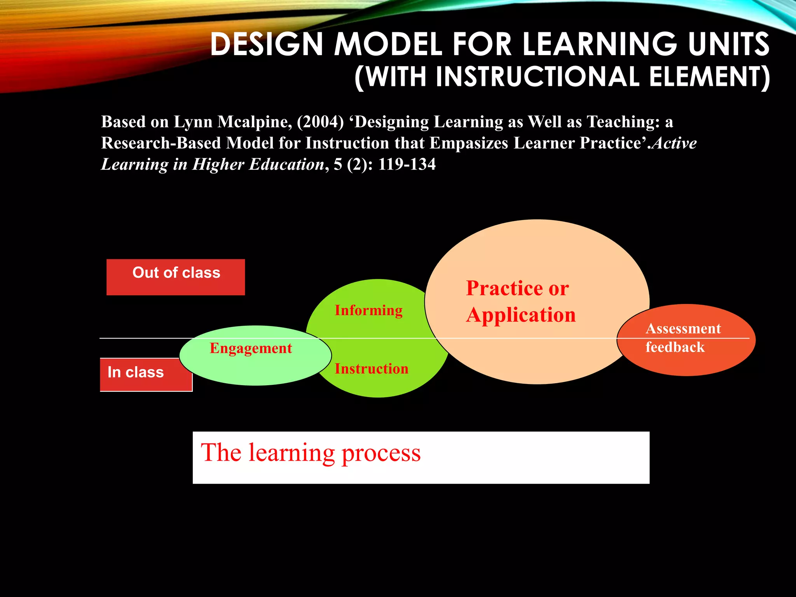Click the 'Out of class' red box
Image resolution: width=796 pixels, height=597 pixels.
176,277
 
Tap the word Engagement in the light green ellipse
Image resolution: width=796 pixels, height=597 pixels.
251,348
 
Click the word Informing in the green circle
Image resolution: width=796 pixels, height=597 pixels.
368,311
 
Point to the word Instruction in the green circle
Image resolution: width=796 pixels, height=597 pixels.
372,368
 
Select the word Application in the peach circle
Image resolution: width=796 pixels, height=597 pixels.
521,315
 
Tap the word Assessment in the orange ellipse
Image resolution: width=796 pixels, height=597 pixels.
683,329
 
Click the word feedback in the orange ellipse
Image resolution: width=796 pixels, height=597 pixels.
675,347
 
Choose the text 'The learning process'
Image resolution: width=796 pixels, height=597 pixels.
311,453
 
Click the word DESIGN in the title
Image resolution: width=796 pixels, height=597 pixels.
267,44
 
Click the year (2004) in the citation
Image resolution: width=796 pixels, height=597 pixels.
320,122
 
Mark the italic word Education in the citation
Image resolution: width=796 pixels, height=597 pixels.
286,164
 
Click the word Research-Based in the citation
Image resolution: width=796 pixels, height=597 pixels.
161,143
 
